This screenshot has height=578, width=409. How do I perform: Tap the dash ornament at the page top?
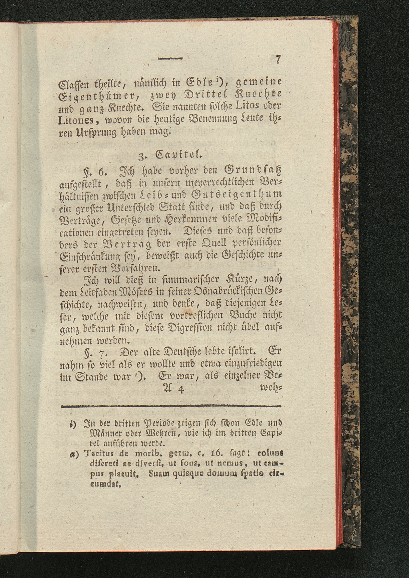[170, 59]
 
